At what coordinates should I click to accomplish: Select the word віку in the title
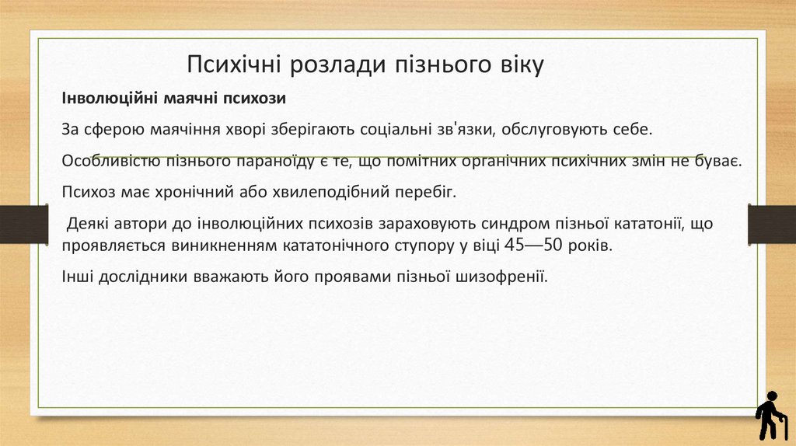pyautogui.click(x=517, y=64)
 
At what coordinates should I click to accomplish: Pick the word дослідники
pyautogui.click(x=141, y=277)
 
